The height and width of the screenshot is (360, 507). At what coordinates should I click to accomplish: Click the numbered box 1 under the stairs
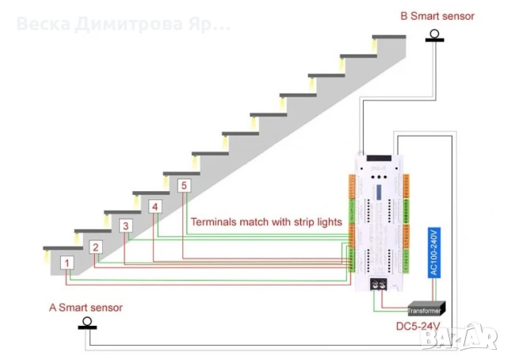pyautogui.click(x=68, y=262)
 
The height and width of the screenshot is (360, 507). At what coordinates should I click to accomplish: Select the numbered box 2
pyautogui.click(x=96, y=247)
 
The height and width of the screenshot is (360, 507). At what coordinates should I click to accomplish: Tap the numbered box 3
pyautogui.click(x=125, y=226)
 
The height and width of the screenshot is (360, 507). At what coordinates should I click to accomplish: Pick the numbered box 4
pyautogui.click(x=155, y=206)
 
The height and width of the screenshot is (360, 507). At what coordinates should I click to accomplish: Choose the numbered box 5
pyautogui.click(x=184, y=186)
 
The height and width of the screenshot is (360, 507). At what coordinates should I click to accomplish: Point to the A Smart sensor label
pyautogui.click(x=86, y=307)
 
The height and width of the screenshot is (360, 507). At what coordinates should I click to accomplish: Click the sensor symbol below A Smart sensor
pyautogui.click(x=89, y=323)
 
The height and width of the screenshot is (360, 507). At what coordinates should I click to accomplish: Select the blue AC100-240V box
pyautogui.click(x=433, y=251)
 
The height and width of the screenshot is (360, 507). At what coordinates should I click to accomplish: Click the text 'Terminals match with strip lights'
pyautogui.click(x=266, y=222)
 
